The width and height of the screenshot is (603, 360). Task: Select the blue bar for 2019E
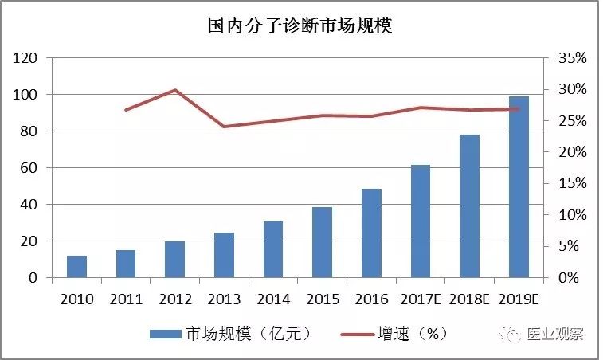pyautogui.click(x=519, y=187)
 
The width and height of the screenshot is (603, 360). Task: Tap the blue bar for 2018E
pyautogui.click(x=469, y=206)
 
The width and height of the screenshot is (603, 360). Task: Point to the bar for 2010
pyautogui.click(x=76, y=267)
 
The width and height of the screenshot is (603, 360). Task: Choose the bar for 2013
pyautogui.click(x=224, y=256)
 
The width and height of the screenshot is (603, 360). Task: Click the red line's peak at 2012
pyautogui.click(x=175, y=90)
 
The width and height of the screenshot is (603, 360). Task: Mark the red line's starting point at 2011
pyautogui.click(x=126, y=110)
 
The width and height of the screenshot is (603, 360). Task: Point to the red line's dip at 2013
pyautogui.click(x=224, y=127)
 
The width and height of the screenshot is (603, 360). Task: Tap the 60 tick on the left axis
pyautogui.click(x=30, y=168)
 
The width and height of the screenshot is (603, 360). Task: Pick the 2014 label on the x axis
pyautogui.click(x=273, y=299)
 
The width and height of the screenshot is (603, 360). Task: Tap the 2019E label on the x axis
pyautogui.click(x=518, y=299)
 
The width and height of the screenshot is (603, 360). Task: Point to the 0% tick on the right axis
pyautogui.click(x=572, y=278)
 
